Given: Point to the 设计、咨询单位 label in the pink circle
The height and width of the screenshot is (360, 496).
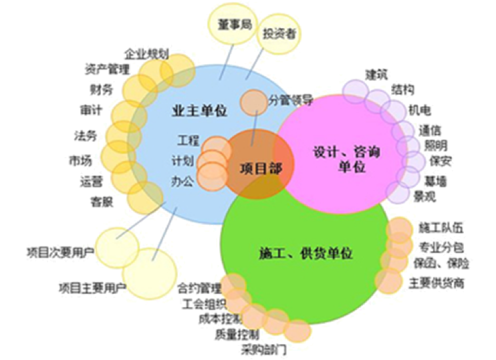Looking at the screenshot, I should click(347, 158).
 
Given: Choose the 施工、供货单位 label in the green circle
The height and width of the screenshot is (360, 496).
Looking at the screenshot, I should click(305, 254).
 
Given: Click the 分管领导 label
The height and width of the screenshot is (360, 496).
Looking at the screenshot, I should click(291, 101).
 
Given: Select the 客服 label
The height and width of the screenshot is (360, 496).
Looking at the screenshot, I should click(101, 200).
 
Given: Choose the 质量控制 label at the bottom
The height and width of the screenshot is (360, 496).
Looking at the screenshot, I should click(237, 333).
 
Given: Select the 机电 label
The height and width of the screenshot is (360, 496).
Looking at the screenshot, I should click(419, 108).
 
